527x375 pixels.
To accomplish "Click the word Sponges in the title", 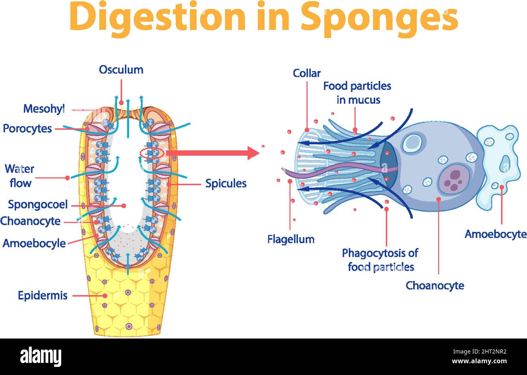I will click(379, 17).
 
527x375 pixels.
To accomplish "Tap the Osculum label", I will click(121, 70).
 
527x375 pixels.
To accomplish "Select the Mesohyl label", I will click(44, 109).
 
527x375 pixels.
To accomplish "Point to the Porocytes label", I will click(28, 129).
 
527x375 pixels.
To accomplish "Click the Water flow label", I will click(19, 176).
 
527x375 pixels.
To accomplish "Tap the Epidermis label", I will click(43, 296).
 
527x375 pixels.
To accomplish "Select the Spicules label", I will click(226, 184).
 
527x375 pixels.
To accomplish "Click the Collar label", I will click(307, 73).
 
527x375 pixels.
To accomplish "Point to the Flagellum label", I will click(291, 239).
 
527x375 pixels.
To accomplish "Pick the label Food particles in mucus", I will click(357, 93).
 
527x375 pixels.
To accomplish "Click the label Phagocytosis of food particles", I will click(380, 260).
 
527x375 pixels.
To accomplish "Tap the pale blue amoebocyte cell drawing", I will click(499, 166).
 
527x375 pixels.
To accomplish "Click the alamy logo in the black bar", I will click(41, 357).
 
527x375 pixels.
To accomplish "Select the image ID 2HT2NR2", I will click(486, 353).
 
